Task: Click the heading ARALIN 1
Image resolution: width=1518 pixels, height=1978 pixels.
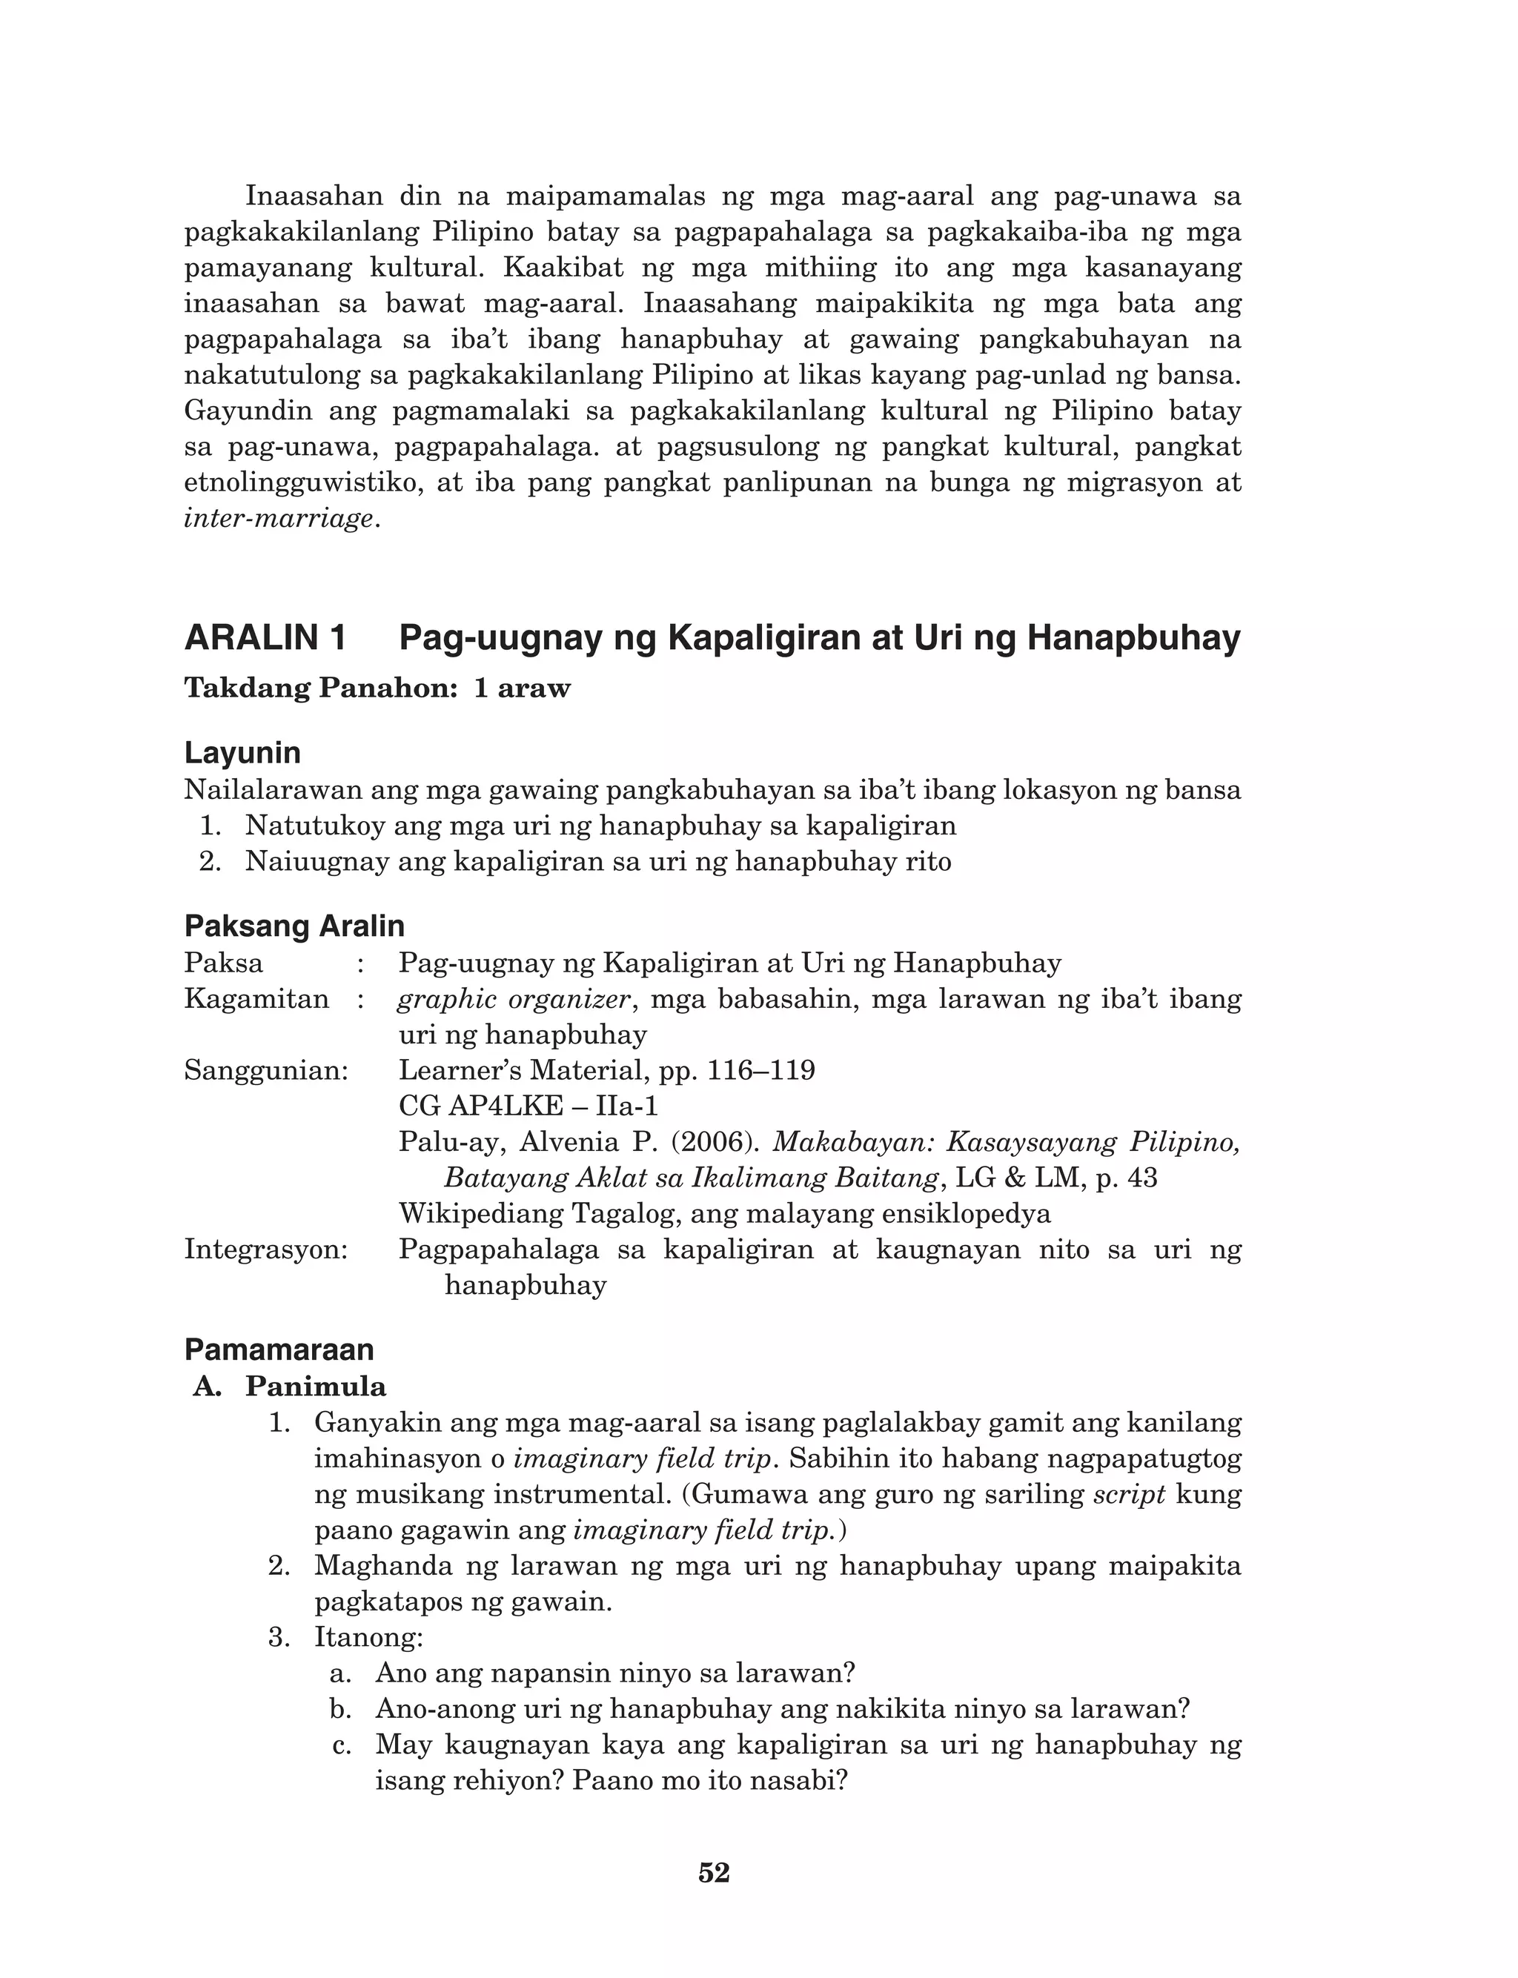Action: click(x=265, y=639)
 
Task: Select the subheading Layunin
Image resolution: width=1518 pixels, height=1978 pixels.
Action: click(x=242, y=752)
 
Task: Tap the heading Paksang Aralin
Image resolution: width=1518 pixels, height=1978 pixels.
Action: click(x=294, y=926)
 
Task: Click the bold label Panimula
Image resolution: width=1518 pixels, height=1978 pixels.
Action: click(x=315, y=1387)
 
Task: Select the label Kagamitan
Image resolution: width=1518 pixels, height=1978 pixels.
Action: click(x=256, y=999)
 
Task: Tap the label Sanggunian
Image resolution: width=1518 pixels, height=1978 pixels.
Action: click(x=265, y=1070)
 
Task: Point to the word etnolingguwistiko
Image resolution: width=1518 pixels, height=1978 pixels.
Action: click(x=305, y=483)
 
